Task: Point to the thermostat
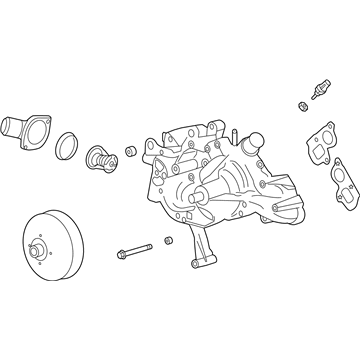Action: point(100,157)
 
